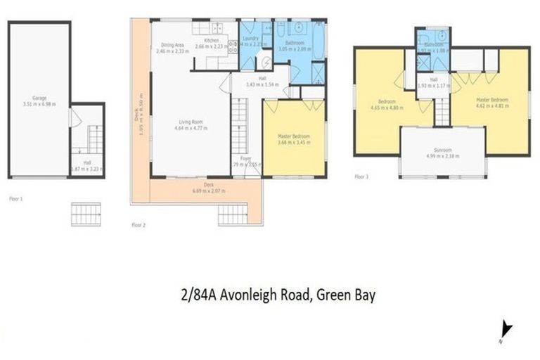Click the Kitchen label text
tap(212, 41)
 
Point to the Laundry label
tap(250, 40)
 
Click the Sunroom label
tap(442, 150)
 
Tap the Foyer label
tap(246, 159)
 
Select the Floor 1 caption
tap(15, 200)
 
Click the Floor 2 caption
tap(138, 225)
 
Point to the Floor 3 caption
tap(361, 176)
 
